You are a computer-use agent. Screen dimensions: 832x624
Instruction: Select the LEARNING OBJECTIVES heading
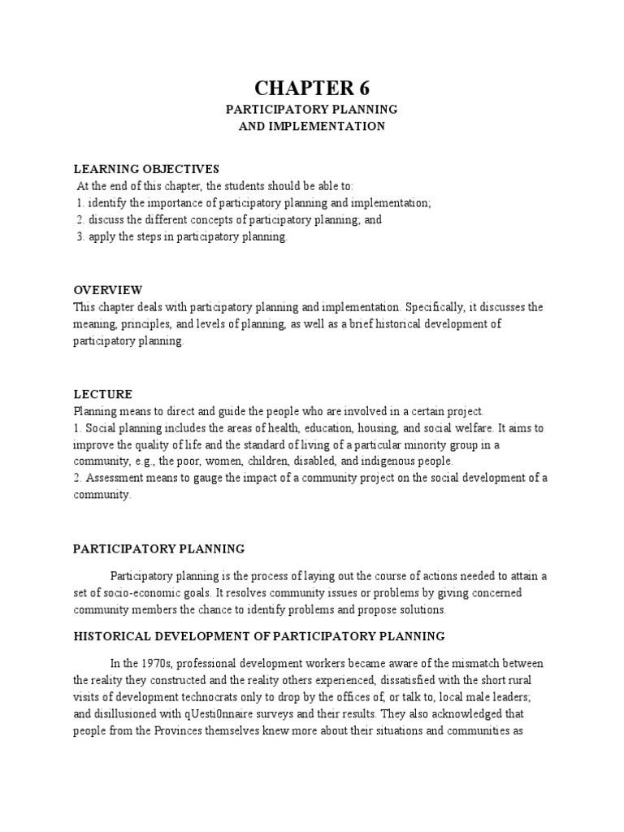tap(147, 169)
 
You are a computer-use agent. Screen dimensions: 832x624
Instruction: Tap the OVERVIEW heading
tap(108, 290)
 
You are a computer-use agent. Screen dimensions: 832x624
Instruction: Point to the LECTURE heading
tap(103, 394)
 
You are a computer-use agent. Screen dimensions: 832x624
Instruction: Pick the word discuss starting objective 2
tap(106, 219)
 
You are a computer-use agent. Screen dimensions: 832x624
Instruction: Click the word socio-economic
tap(135, 593)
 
